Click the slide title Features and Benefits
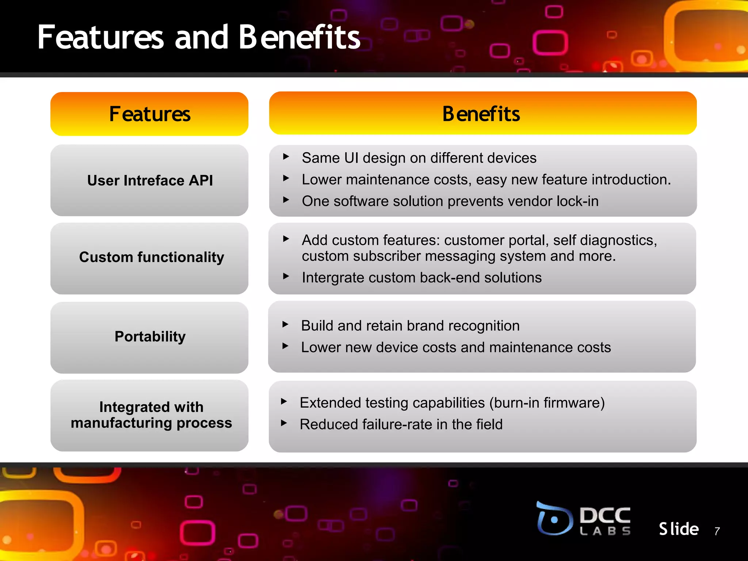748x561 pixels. click(x=199, y=37)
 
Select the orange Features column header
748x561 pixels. click(x=149, y=114)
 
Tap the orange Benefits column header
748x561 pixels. click(x=482, y=114)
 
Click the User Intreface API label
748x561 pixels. click(x=150, y=180)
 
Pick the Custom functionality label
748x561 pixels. click(x=151, y=257)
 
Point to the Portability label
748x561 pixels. click(x=150, y=336)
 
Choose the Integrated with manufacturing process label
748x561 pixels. click(x=151, y=415)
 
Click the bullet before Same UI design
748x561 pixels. click(x=286, y=157)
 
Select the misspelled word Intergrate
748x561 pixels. click(x=333, y=278)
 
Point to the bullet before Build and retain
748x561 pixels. click(x=285, y=324)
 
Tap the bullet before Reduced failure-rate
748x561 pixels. click(x=284, y=423)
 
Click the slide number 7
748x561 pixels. click(x=717, y=531)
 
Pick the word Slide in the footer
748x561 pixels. click(x=679, y=529)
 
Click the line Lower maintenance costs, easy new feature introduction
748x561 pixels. click(x=486, y=180)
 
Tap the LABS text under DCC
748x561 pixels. click(x=605, y=531)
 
